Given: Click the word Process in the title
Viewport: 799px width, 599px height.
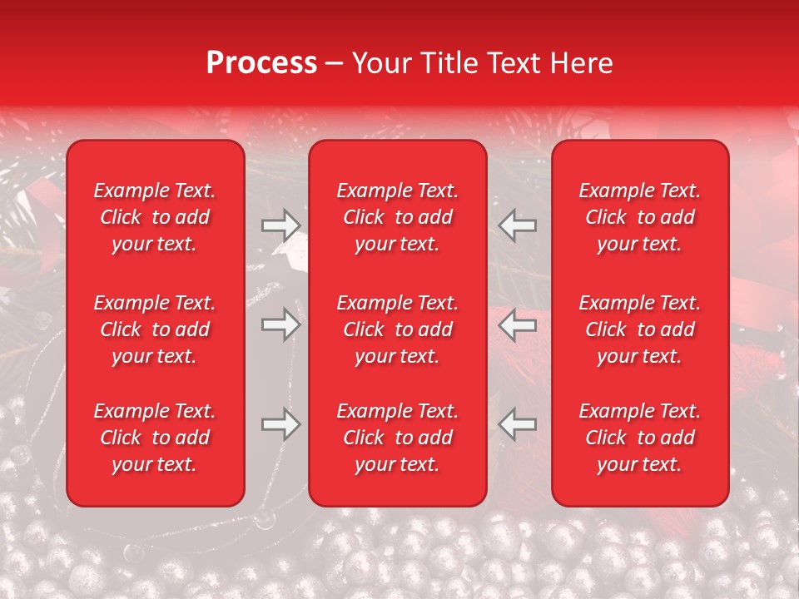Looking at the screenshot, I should coord(261,63).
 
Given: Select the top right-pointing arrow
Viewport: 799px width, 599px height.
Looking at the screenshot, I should coord(280,225).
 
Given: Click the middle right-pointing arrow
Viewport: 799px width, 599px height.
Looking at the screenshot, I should coord(280,324).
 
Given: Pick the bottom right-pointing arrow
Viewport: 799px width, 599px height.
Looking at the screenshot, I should coord(280,424).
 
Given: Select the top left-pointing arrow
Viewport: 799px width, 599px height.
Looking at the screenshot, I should coord(518,225).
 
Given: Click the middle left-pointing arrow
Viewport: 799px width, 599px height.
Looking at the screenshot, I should coord(518,324).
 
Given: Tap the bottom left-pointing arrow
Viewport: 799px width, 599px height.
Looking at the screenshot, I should coord(518,424).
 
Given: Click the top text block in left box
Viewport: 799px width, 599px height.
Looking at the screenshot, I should coord(155,217).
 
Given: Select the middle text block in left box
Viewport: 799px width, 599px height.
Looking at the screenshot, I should coord(155,329).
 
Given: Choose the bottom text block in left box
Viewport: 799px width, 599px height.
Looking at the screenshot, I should coord(155,438).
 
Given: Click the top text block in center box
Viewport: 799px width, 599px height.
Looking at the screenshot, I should coord(397,217).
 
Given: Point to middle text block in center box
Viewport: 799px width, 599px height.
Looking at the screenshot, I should coord(397,329).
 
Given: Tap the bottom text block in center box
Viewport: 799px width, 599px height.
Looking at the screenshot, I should coord(397,438).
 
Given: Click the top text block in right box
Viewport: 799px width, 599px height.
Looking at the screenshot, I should coord(639,217).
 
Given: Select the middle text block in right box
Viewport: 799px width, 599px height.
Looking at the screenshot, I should coord(639,329).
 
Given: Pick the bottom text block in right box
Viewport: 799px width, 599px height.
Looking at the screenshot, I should coord(639,438).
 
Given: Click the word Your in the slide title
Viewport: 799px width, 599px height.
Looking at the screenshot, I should coord(380,63).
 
